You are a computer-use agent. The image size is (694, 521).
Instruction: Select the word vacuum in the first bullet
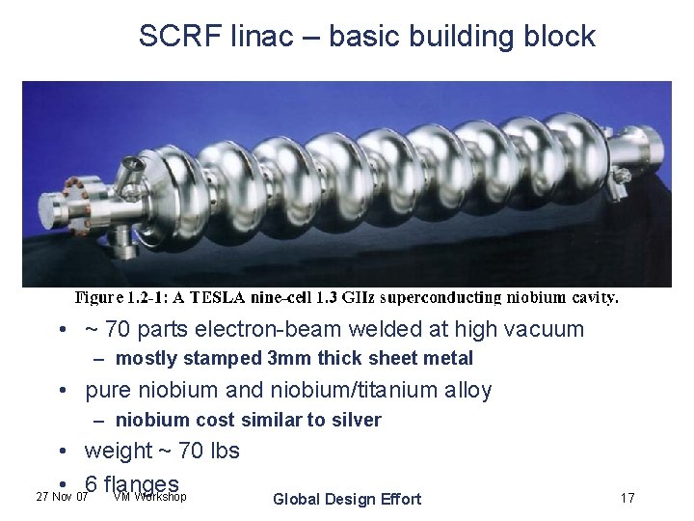tap(544, 329)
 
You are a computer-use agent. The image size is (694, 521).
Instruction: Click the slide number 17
tap(627, 499)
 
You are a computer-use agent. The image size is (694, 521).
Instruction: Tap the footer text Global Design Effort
tap(347, 499)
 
